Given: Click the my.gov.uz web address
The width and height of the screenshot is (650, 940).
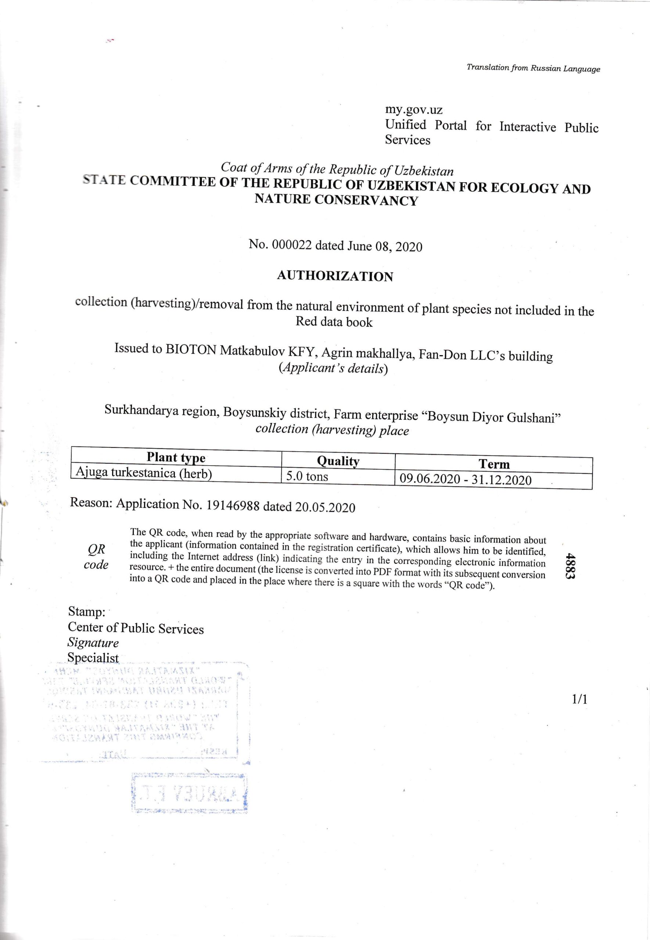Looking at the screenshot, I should click(414, 110).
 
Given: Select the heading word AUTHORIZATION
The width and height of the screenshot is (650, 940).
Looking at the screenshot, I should click(335, 276).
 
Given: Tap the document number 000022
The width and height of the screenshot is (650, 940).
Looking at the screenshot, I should click(292, 245).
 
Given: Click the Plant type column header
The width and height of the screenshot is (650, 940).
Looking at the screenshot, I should click(176, 458).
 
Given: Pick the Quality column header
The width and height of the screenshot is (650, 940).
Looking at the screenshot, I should click(338, 461).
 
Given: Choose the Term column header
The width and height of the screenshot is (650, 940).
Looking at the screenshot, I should click(493, 464).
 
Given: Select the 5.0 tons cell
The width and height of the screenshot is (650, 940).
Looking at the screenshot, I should click(307, 476).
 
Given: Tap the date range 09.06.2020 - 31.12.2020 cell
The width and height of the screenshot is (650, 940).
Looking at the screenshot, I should click(465, 480).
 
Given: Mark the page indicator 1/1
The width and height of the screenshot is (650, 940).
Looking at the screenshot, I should click(579, 699).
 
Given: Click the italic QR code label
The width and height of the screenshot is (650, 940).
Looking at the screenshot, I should click(97, 557).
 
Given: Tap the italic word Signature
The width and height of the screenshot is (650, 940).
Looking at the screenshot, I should click(93, 643).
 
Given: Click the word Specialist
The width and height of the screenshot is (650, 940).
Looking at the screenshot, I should click(93, 658).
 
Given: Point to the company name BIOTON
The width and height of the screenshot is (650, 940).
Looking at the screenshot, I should click(191, 350).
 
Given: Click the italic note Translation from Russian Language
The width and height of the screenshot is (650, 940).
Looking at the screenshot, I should click(533, 68).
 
